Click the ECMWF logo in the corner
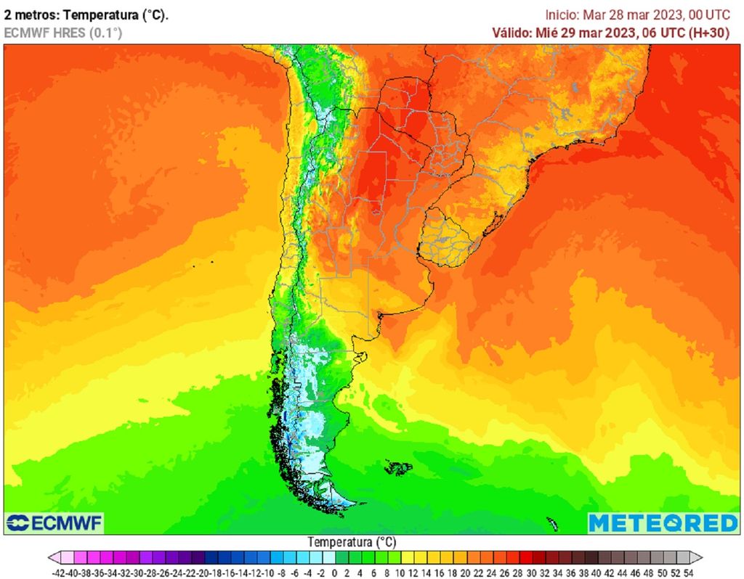click(x=54, y=522)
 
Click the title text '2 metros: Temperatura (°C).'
click(x=86, y=15)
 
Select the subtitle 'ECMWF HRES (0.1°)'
click(x=63, y=33)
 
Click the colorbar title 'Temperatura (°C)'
click(x=352, y=542)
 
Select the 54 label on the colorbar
click(x=688, y=572)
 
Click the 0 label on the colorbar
click(x=336, y=572)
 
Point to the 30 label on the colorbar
click(x=531, y=572)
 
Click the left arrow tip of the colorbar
click(x=50, y=557)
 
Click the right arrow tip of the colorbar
click(x=701, y=557)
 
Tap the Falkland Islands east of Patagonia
click(x=398, y=467)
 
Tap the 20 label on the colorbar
click(x=466, y=572)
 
